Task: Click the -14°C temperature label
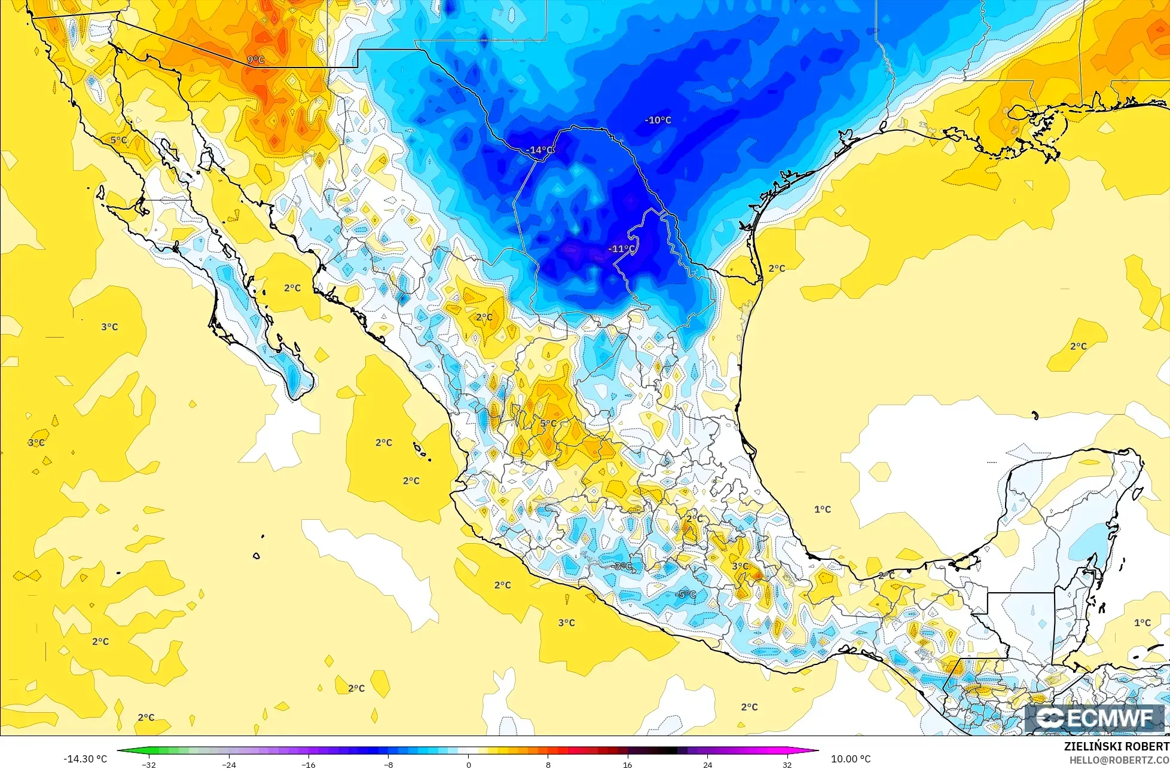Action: [541, 150]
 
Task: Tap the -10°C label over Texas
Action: [658, 120]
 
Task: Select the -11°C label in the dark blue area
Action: [622, 249]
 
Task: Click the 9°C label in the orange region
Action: [255, 60]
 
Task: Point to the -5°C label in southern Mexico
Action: [685, 594]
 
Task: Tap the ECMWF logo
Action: [1096, 719]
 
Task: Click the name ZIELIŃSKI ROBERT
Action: [1116, 747]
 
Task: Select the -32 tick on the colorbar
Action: [149, 764]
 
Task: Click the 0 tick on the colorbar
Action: [468, 764]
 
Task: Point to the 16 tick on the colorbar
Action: [627, 764]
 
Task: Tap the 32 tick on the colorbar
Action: [787, 764]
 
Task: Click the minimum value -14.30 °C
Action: [85, 759]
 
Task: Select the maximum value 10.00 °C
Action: [851, 759]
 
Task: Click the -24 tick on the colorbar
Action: [229, 764]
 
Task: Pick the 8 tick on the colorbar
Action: [548, 764]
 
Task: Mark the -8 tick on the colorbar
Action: [388, 764]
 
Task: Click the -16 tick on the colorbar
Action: [308, 764]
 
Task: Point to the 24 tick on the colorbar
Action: [707, 764]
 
